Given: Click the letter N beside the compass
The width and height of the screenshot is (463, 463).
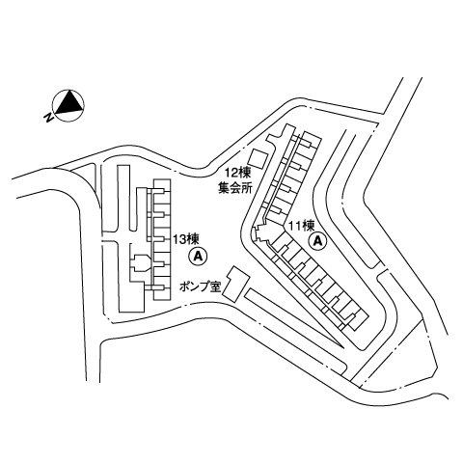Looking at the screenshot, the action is point(48,118).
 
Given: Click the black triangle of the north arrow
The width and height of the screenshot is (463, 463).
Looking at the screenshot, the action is point(68,103).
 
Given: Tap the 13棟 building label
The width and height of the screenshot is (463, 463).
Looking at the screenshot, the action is point(186,239).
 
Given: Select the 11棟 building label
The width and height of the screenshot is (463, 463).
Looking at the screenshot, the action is point(301,226).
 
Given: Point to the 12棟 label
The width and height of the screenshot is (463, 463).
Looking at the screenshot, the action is point(237,174).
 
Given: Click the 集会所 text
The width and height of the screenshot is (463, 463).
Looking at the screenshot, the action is point(234,187).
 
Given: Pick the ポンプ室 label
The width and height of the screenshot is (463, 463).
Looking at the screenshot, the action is point(200,286).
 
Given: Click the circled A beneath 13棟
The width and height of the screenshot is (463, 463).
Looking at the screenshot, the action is point(198,256).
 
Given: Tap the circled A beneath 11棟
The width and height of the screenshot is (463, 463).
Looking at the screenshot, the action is point(317,241).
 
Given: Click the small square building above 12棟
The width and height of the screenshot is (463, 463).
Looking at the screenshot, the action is point(259,159).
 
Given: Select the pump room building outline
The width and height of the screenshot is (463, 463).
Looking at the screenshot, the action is point(236,284).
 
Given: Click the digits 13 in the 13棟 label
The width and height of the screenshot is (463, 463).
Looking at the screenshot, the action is point(179,239).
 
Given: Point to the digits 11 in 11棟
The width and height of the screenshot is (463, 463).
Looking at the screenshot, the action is point(294,226).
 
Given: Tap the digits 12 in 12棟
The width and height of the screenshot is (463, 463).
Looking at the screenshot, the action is point(231,174).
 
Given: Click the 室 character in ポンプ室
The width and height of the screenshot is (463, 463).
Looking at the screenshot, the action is point(214,286).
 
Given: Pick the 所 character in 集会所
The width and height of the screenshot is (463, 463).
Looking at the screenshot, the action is point(246,187).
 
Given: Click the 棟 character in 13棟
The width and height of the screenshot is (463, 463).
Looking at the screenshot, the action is point(194,239).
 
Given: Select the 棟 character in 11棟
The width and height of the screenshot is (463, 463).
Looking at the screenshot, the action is point(308,226).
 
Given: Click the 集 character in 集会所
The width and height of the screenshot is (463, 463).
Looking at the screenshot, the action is point(224,187).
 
